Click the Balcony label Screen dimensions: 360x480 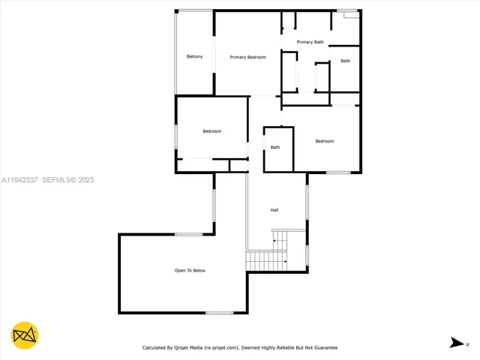(x=194, y=57)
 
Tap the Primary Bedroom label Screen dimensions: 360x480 (x=247, y=57)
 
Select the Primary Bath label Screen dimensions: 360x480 (x=310, y=42)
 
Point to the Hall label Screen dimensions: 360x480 (x=274, y=210)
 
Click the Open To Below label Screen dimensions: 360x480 (x=190, y=271)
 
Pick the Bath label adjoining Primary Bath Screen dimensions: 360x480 (x=345, y=61)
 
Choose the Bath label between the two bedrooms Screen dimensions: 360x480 (x=275, y=147)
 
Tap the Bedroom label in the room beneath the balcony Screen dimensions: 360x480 (x=212, y=131)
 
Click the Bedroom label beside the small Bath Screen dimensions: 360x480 (x=324, y=141)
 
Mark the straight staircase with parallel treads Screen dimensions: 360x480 (x=266, y=261)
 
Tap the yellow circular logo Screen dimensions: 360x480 (x=25, y=335)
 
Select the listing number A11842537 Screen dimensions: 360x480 (x=20, y=180)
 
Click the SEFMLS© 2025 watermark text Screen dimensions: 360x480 (x=68, y=180)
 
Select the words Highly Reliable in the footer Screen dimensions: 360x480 (x=289, y=348)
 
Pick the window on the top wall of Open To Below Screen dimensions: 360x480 (x=188, y=235)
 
